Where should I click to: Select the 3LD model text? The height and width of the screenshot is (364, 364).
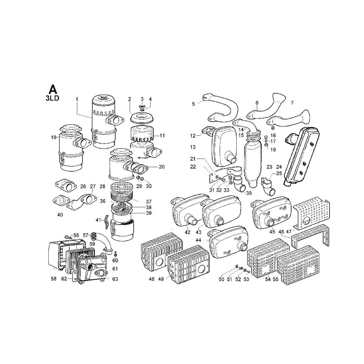pyautogui.click(x=53, y=98)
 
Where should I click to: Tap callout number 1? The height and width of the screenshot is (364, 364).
pyautogui.click(x=77, y=100)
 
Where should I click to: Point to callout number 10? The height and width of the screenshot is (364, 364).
pyautogui.click(x=54, y=138)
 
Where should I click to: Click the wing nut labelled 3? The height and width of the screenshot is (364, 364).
pyautogui.click(x=141, y=106)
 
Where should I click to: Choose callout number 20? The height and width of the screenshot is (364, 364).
pyautogui.click(x=162, y=167)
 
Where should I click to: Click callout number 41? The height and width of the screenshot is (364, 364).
pyautogui.click(x=98, y=220)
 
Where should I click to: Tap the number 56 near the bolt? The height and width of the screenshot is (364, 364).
pyautogui.click(x=76, y=235)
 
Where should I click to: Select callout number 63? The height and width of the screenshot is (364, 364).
pyautogui.click(x=115, y=279)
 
